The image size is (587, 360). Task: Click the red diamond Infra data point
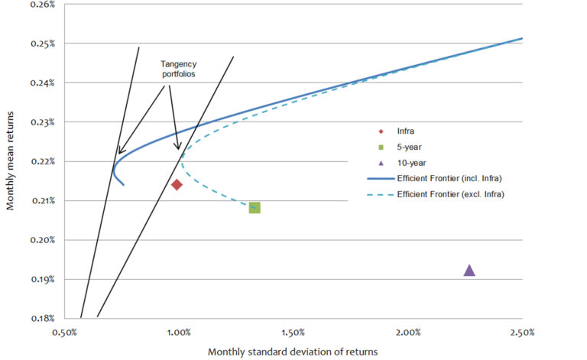(177, 184)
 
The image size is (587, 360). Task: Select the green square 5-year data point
(255, 207)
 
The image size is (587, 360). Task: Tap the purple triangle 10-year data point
(469, 270)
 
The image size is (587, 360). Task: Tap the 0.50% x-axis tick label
(64, 332)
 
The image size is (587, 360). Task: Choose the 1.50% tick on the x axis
(293, 332)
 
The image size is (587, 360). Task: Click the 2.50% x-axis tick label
(522, 332)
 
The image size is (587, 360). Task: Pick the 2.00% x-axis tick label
(408, 332)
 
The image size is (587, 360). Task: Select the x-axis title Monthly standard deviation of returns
(293, 351)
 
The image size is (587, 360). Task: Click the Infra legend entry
(407, 131)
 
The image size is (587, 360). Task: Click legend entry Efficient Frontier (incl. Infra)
(451, 179)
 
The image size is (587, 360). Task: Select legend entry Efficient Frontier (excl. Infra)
(451, 195)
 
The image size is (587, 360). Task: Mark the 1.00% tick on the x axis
(179, 332)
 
